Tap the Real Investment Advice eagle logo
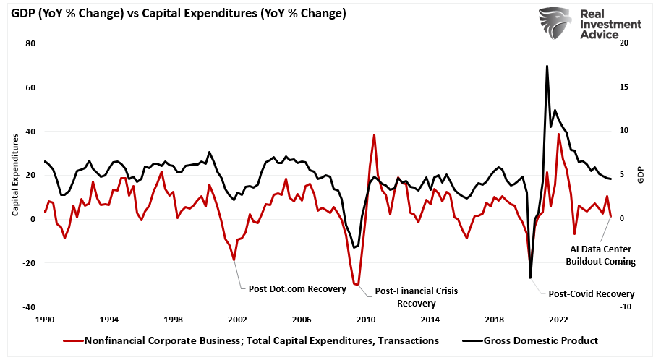coord(557,24)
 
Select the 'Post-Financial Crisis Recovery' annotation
coord(416,297)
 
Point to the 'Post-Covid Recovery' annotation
coord(591,294)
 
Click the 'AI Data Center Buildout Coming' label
coord(600,255)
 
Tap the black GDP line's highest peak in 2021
coord(547,66)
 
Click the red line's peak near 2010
coord(374,134)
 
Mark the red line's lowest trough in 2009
coord(358,285)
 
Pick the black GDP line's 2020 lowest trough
coord(530,278)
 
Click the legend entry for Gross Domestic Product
coord(542,340)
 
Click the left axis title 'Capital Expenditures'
coord(15,175)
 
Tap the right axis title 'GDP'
coord(640,175)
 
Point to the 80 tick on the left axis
coord(31,43)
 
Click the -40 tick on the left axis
coord(29,307)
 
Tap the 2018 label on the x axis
coord(494,319)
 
